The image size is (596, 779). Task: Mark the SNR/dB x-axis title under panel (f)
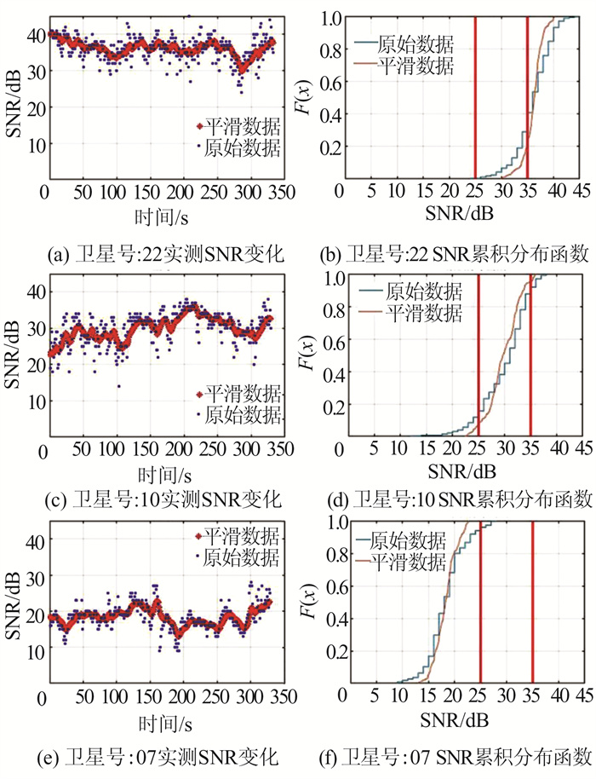click(x=455, y=720)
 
